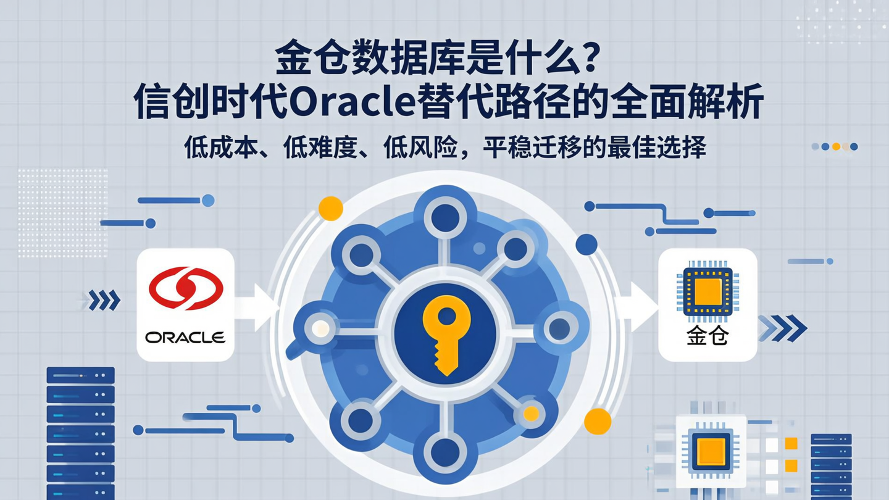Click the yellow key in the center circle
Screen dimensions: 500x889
[446, 334]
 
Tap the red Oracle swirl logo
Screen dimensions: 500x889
[186, 288]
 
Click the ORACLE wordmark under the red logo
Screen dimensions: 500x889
[186, 337]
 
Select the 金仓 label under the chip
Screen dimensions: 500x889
[707, 336]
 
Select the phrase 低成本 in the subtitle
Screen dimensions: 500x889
[219, 149]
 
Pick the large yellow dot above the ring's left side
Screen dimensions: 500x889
[330, 208]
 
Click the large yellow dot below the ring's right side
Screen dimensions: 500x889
[597, 421]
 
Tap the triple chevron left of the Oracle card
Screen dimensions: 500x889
[104, 301]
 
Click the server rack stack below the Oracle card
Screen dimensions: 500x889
[81, 432]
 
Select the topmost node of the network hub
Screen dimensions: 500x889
[445, 217]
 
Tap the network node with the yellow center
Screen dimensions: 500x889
[530, 413]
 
